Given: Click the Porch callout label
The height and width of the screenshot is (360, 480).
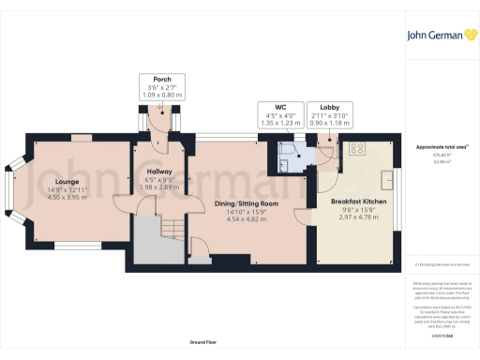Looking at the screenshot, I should pyautogui.click(x=156, y=79).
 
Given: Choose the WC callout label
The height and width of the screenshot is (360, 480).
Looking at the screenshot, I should pyautogui.click(x=279, y=108).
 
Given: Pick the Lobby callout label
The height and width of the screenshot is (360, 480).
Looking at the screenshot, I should pyautogui.click(x=328, y=108).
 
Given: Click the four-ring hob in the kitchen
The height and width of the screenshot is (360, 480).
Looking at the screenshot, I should pyautogui.click(x=357, y=148).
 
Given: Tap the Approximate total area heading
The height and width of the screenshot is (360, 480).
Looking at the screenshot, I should pyautogui.click(x=442, y=147).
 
